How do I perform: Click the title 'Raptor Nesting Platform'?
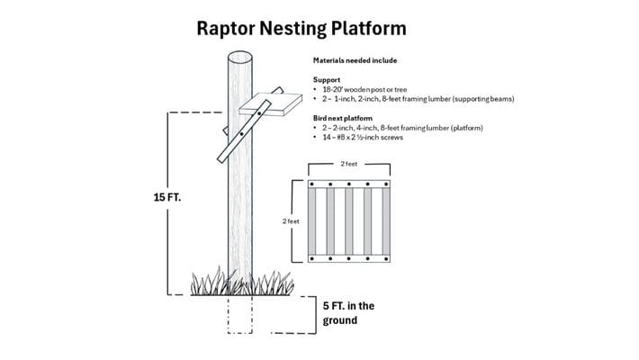point(301,28)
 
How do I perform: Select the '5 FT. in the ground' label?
point(347,312)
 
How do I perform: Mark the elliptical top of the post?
point(239,57)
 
